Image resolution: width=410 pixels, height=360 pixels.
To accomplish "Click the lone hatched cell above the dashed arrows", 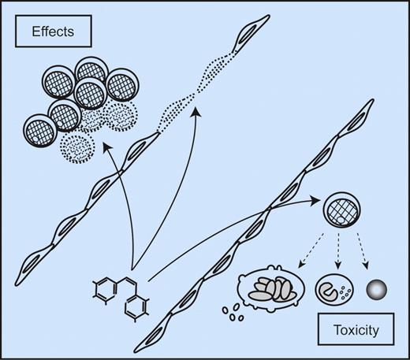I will pyautogui.click(x=341, y=212).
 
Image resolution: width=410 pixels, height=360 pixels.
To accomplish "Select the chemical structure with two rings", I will pyautogui.click(x=123, y=298).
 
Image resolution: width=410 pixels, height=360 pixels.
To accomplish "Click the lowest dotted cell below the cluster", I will pyautogui.click(x=83, y=145).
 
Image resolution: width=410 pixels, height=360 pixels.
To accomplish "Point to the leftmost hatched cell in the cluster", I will pyautogui.click(x=43, y=128).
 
